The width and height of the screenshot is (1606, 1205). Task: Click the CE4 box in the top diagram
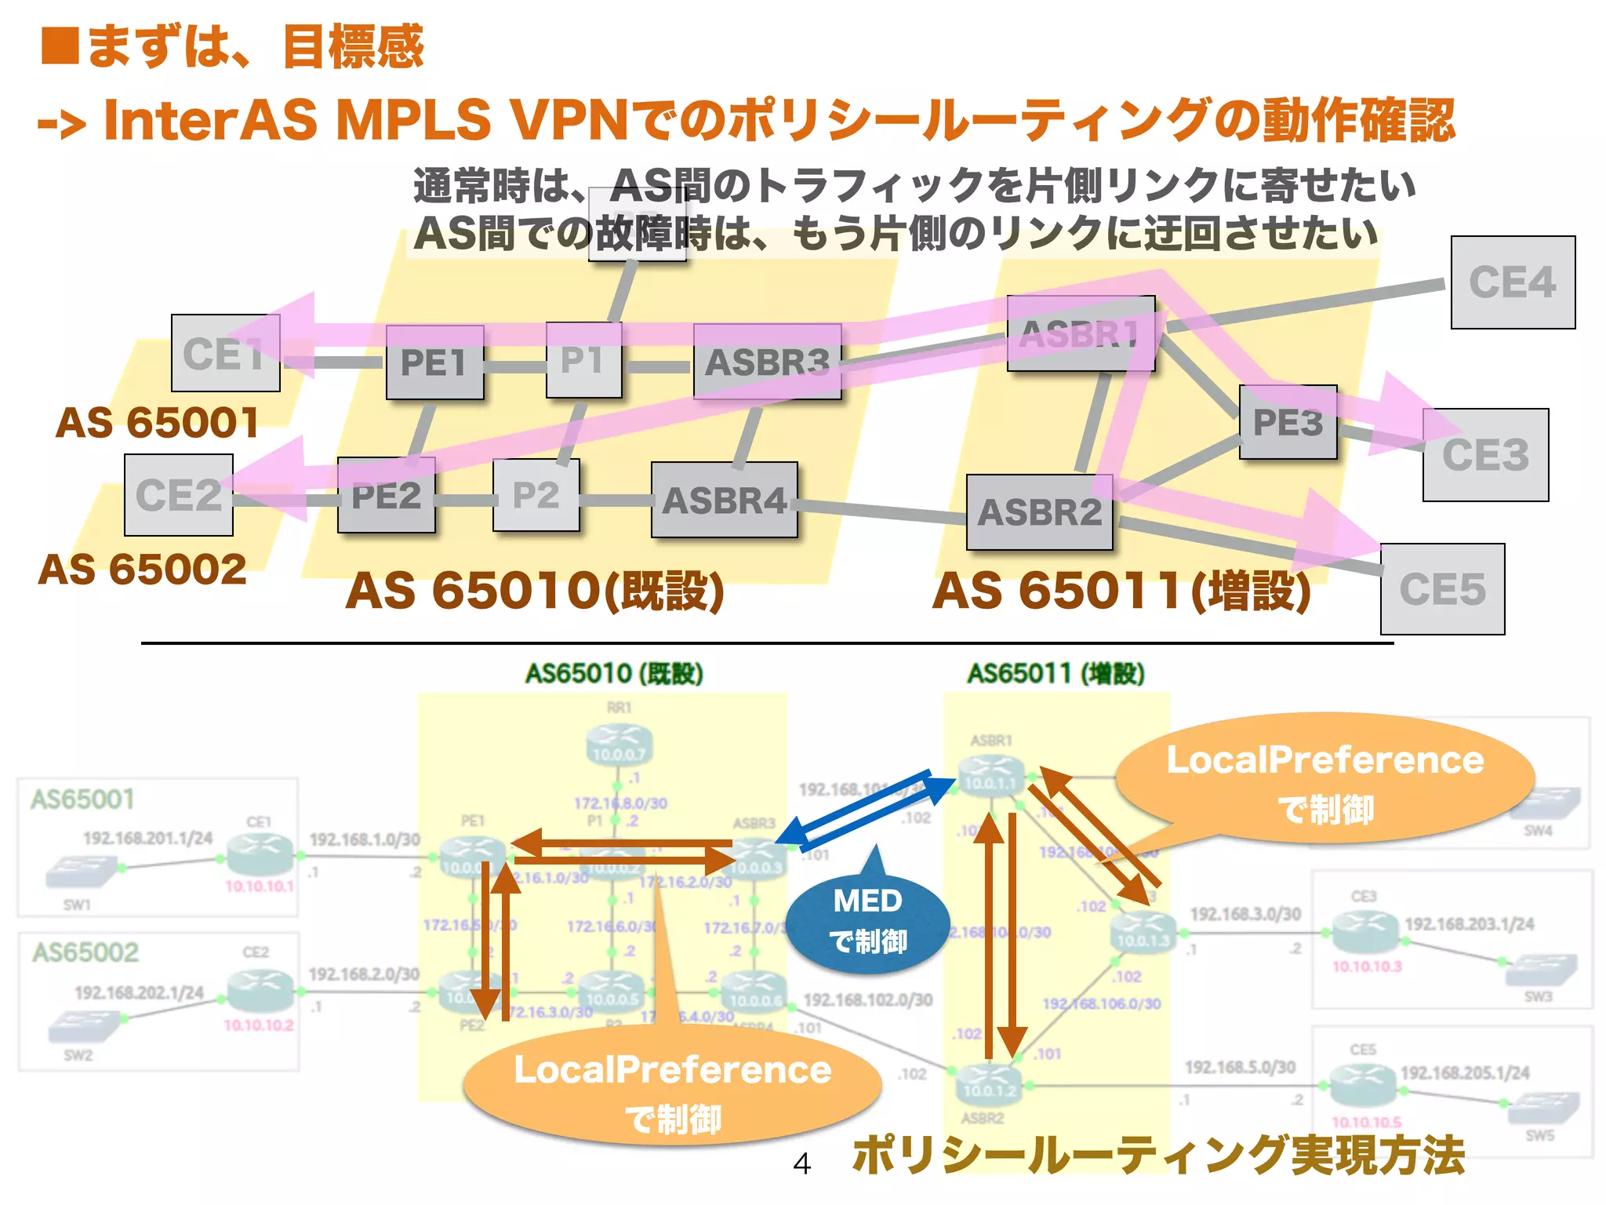coord(1512,282)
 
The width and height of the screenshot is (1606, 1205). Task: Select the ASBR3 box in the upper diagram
coord(767,362)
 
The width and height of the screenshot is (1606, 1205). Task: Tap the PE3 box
coord(1288,422)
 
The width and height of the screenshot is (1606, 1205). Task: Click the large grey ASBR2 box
coord(1039,512)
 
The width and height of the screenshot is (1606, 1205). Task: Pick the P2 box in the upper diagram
coord(536,495)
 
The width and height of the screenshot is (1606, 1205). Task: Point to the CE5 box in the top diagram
coord(1442,589)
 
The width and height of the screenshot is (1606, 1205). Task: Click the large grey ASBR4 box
coord(724,500)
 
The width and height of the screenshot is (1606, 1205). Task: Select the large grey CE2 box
coord(179,495)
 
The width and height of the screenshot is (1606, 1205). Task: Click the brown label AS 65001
coord(157,423)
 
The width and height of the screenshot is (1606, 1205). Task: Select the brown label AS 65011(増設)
coord(1121,591)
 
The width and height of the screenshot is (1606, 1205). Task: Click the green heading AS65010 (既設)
coord(613,673)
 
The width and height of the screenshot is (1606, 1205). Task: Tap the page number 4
coord(801,1163)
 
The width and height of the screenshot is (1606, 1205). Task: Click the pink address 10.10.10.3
coord(1366,966)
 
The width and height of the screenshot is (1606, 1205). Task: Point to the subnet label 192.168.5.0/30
coord(1240,1067)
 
